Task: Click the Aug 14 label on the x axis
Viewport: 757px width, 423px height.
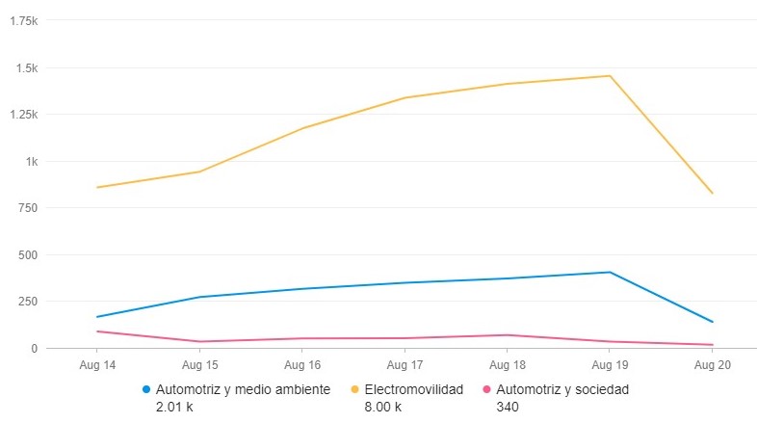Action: click(97, 365)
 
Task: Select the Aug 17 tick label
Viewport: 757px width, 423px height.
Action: click(405, 365)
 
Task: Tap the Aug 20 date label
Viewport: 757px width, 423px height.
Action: click(711, 365)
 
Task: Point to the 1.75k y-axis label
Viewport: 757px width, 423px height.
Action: click(50, 21)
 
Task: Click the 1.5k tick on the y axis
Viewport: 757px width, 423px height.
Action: click(53, 68)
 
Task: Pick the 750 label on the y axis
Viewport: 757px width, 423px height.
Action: click(55, 208)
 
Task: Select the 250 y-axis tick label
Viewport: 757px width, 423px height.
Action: click(55, 302)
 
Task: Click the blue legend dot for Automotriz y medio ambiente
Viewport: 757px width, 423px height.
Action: click(146, 389)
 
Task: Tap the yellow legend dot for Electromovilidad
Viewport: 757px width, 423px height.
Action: click(355, 389)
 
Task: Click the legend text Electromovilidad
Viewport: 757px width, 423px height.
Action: click(414, 389)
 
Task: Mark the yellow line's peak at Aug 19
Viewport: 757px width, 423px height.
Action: click(609, 76)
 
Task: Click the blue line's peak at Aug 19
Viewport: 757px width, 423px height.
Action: click(609, 272)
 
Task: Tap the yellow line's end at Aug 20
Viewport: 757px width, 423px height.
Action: click(712, 194)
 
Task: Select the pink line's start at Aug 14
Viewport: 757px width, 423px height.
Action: click(97, 331)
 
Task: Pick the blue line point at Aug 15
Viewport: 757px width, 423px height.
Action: click(199, 297)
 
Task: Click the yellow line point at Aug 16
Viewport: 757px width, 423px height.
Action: click(301, 128)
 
